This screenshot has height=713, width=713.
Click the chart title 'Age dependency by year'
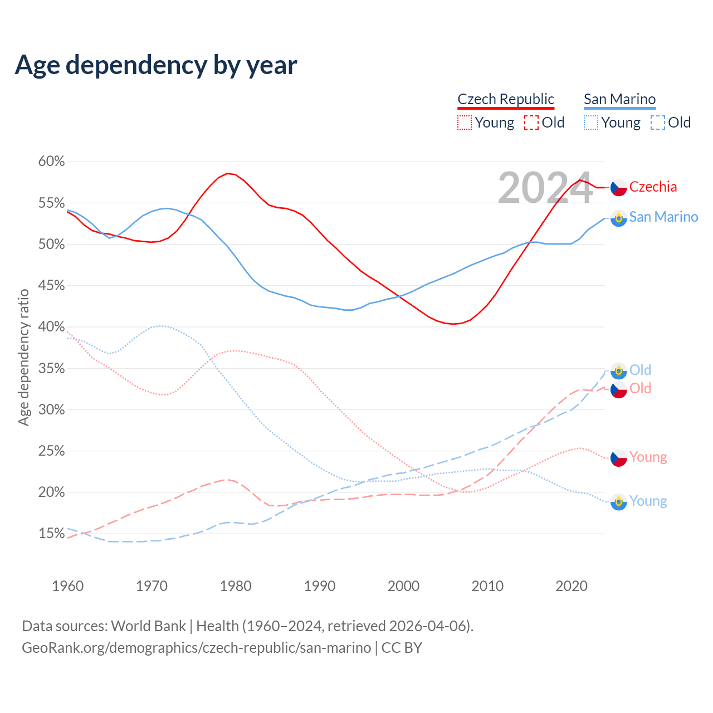[156, 65]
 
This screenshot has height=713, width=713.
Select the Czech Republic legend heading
[506, 99]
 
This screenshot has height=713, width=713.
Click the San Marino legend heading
[619, 99]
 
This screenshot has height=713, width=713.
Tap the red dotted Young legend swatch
[465, 123]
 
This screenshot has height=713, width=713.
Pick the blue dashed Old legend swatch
[658, 123]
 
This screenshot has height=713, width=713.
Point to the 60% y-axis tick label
[51, 162]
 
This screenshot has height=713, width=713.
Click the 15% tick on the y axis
[51, 534]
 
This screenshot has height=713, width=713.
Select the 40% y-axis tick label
[51, 327]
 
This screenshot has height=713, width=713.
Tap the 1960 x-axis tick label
[67, 586]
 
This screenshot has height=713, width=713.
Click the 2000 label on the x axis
[403, 586]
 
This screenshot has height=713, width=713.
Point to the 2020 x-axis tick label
[572, 586]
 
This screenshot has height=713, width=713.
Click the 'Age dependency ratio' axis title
[23, 357]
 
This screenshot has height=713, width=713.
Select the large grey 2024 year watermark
[545, 188]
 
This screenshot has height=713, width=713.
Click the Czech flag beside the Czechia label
[619, 188]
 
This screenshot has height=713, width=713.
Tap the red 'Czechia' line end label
[653, 187]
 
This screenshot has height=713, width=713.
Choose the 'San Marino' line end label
[663, 217]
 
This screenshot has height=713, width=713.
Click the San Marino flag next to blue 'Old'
[619, 370]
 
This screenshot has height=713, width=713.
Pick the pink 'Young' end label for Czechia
[648, 457]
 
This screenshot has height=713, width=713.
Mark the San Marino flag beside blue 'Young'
[619, 502]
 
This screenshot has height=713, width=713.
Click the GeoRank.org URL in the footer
[196, 648]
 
